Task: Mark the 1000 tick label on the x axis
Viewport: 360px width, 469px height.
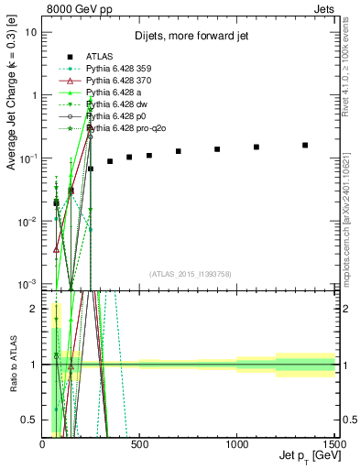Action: pos(236,443)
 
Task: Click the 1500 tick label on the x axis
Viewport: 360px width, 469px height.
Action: pos(333,443)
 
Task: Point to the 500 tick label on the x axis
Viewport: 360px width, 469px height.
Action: pos(139,443)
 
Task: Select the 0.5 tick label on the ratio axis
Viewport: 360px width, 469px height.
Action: pos(29,420)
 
